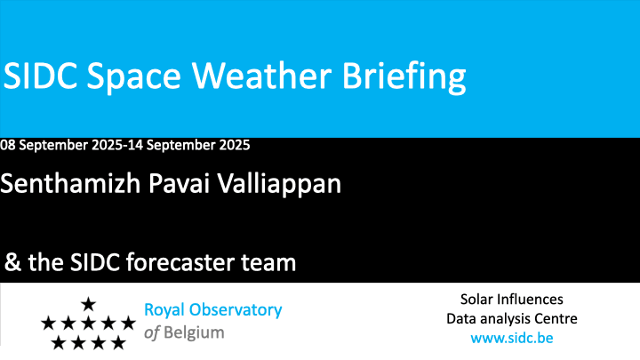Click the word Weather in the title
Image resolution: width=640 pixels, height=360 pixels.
pos(261,76)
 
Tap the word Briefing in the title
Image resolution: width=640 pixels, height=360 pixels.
pos(404,77)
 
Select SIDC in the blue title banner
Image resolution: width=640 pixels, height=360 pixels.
pos(40,76)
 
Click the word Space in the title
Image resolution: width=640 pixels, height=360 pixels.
pos(134,78)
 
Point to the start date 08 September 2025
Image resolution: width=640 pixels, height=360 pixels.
pos(61,145)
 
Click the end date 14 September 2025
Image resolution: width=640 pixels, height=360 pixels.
pos(189,145)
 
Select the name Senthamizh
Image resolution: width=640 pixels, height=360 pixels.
pos(70,183)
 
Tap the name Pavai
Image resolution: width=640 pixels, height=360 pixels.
pos(180,183)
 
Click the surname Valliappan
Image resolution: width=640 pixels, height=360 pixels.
pos(279,185)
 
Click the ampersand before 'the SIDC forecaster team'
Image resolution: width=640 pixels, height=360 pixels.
pos(12,262)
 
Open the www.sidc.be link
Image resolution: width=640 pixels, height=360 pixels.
pos(512,338)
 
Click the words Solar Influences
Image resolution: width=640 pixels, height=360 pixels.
pos(512,300)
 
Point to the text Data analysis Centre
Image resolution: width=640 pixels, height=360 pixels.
pos(512,319)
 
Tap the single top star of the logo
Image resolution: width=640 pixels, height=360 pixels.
pos(88,304)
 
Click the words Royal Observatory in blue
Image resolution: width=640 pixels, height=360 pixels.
pos(213,310)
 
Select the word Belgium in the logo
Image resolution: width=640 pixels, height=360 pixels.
pos(194,333)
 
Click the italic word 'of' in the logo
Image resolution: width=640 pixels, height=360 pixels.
pos(151,332)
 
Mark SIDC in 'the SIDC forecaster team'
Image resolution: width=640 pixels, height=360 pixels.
pos(95,262)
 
